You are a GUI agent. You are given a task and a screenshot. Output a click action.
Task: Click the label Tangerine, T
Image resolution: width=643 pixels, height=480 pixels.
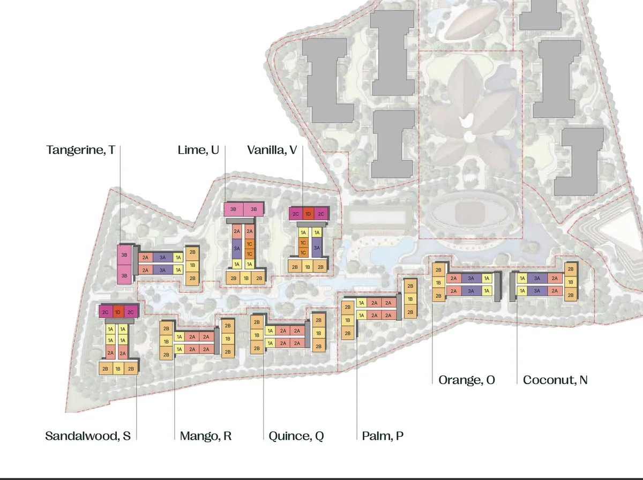[80, 150]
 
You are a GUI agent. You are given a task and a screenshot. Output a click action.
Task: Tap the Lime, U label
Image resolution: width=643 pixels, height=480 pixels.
[198, 150]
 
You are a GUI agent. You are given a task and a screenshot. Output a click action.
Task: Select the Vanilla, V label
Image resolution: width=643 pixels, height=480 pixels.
[272, 150]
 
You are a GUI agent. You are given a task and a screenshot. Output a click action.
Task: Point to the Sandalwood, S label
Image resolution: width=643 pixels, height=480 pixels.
[88, 436]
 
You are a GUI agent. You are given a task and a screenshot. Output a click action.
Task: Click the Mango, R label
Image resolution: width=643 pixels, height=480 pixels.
[206, 436]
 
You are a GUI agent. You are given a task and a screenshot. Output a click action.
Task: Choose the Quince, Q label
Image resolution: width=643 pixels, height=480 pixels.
[296, 436]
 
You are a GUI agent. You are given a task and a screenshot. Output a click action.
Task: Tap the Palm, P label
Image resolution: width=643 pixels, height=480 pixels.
[383, 436]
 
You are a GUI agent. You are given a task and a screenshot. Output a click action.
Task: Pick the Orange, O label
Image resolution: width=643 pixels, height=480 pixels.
[467, 380]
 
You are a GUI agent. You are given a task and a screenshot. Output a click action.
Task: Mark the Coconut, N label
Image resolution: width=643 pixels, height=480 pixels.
[555, 380]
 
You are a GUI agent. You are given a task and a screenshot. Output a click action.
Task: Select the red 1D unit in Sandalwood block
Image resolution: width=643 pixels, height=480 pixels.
[117, 312]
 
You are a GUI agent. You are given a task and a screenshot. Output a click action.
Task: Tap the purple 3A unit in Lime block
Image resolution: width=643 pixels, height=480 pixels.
[236, 249]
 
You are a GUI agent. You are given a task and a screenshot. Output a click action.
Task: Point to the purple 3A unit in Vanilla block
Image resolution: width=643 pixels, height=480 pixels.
[317, 248]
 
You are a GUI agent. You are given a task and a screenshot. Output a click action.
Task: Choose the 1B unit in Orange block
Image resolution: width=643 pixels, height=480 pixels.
[438, 283]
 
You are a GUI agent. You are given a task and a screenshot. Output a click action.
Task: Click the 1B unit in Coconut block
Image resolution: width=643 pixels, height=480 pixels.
[571, 282]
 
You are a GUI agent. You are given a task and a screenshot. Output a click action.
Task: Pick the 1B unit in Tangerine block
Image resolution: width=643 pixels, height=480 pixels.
[192, 265]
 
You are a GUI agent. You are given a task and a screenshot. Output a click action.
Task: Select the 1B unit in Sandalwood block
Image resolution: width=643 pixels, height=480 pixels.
[117, 369]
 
